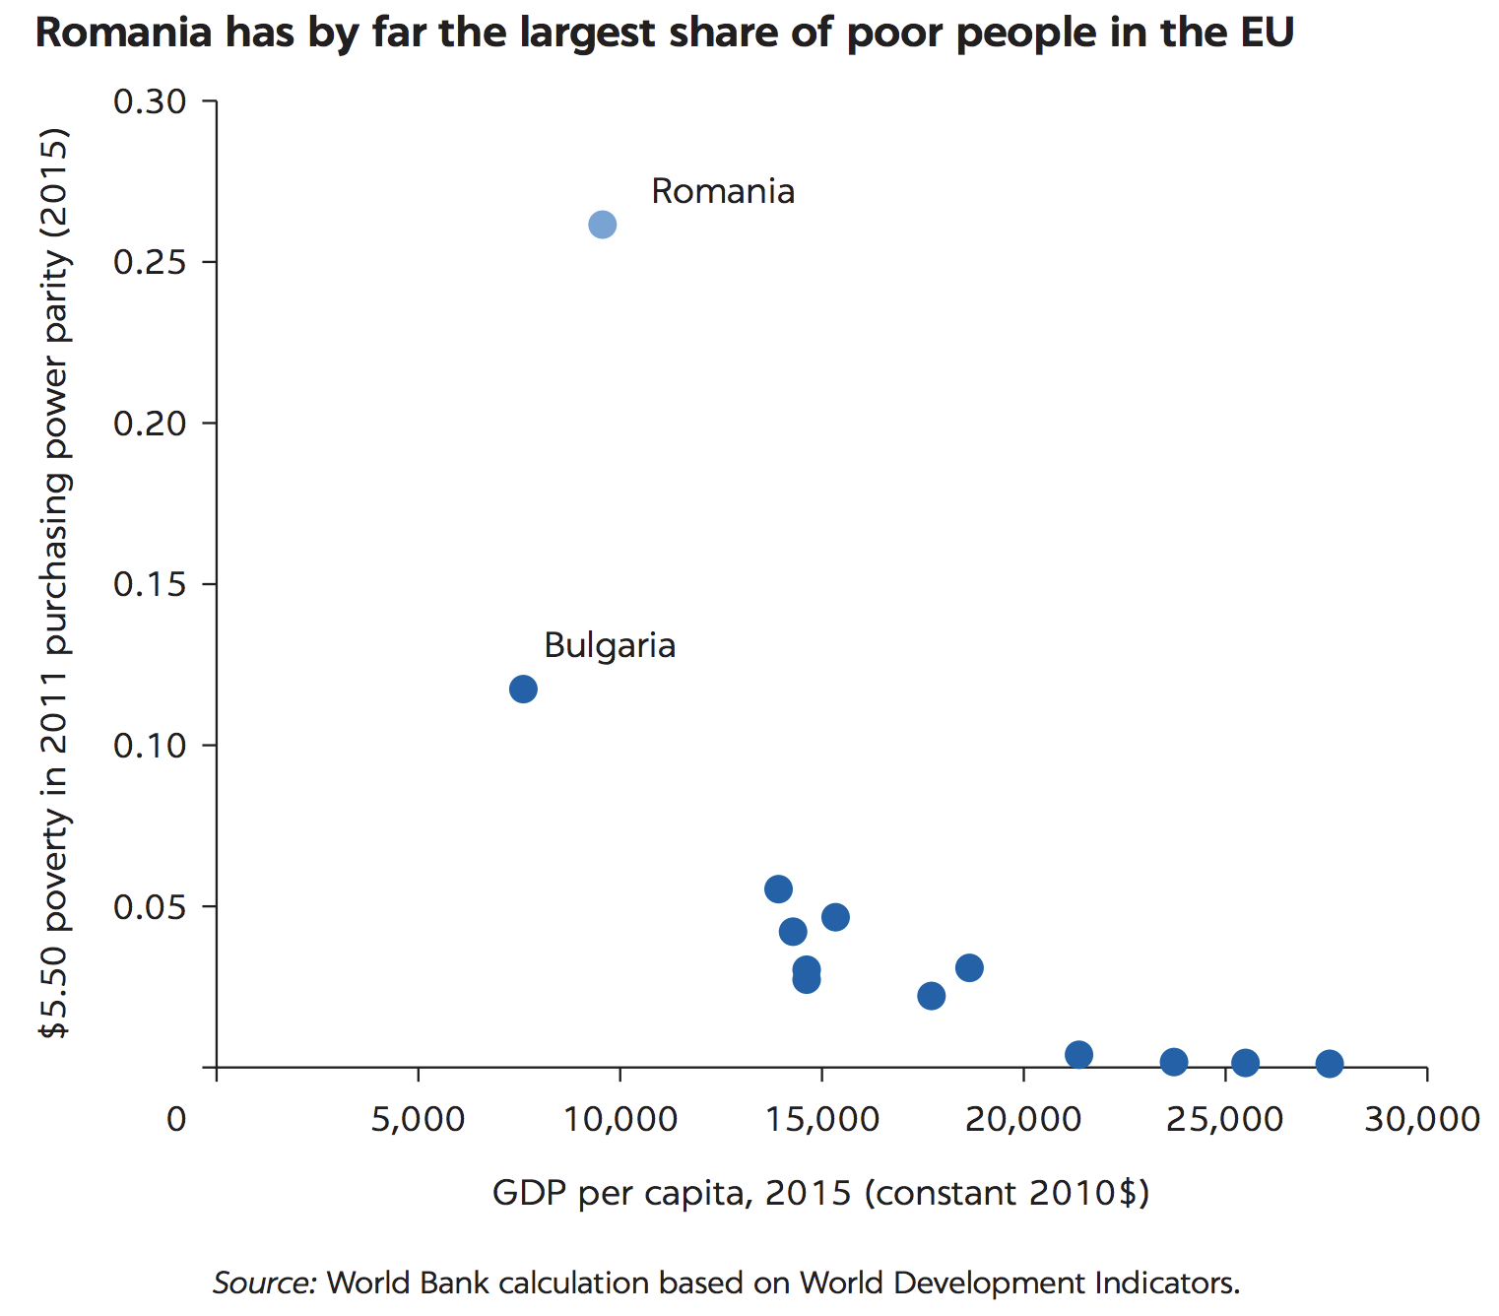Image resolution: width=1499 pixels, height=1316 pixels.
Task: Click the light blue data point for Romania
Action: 603,225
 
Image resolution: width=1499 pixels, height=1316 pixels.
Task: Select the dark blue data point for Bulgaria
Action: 523,689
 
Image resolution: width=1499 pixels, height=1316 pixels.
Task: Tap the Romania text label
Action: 723,191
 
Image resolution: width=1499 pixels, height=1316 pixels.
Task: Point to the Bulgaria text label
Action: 610,645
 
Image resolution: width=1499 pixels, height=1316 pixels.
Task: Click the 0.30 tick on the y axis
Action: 150,101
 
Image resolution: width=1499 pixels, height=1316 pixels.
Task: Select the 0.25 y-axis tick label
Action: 150,262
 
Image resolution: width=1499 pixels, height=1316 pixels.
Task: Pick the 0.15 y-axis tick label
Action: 150,584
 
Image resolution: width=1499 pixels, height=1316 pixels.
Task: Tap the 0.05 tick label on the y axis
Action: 150,906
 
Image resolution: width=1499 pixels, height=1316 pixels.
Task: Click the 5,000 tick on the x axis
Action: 418,1119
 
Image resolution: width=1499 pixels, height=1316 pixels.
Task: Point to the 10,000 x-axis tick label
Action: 619,1119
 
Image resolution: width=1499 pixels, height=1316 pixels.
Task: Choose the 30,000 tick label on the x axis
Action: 1421,1119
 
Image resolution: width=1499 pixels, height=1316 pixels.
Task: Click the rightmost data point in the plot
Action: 1330,1063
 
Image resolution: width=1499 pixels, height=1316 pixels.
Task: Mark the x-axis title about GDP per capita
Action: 820,1193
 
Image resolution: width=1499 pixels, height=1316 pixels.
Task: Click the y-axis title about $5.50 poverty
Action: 54,584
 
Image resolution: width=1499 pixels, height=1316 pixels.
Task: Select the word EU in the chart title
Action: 1267,33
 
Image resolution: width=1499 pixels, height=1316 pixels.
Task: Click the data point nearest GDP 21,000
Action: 1078,1055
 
